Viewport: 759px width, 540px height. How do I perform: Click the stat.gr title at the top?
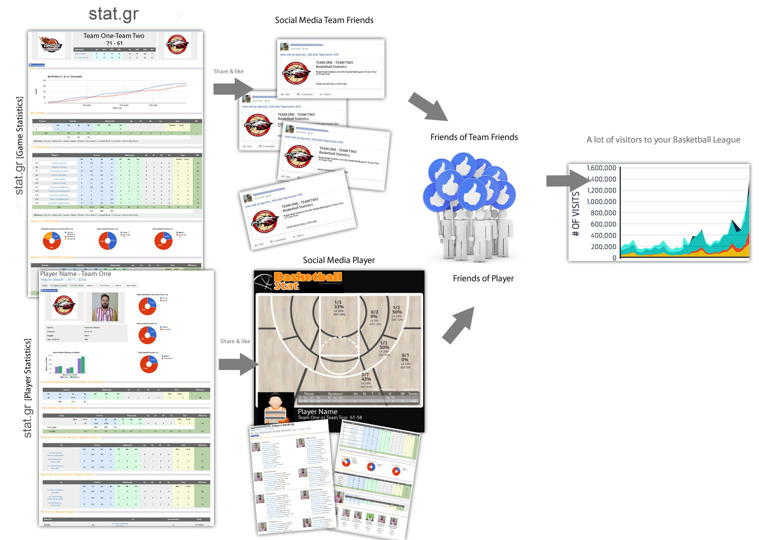pos(113,14)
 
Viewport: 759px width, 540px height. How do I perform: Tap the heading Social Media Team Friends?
pos(324,20)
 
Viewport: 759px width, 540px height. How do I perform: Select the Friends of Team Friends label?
pos(474,137)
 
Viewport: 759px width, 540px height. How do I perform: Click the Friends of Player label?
pos(483,278)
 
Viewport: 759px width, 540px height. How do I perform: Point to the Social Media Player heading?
pos(338,260)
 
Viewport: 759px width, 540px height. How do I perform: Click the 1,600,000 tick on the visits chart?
pos(601,168)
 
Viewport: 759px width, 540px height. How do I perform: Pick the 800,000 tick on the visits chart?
pos(603,213)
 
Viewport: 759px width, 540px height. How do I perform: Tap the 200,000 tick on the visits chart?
pos(603,246)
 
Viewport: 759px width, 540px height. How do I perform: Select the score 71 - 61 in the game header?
pos(114,43)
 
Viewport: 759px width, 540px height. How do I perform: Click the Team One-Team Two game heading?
pos(113,35)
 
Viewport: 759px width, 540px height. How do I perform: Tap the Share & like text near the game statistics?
pos(228,71)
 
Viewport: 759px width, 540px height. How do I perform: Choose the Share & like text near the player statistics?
pos(235,341)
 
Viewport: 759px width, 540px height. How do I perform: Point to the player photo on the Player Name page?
pos(105,306)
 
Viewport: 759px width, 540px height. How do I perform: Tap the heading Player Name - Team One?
pos(75,274)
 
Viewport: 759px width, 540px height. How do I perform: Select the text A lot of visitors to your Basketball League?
pos(663,140)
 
